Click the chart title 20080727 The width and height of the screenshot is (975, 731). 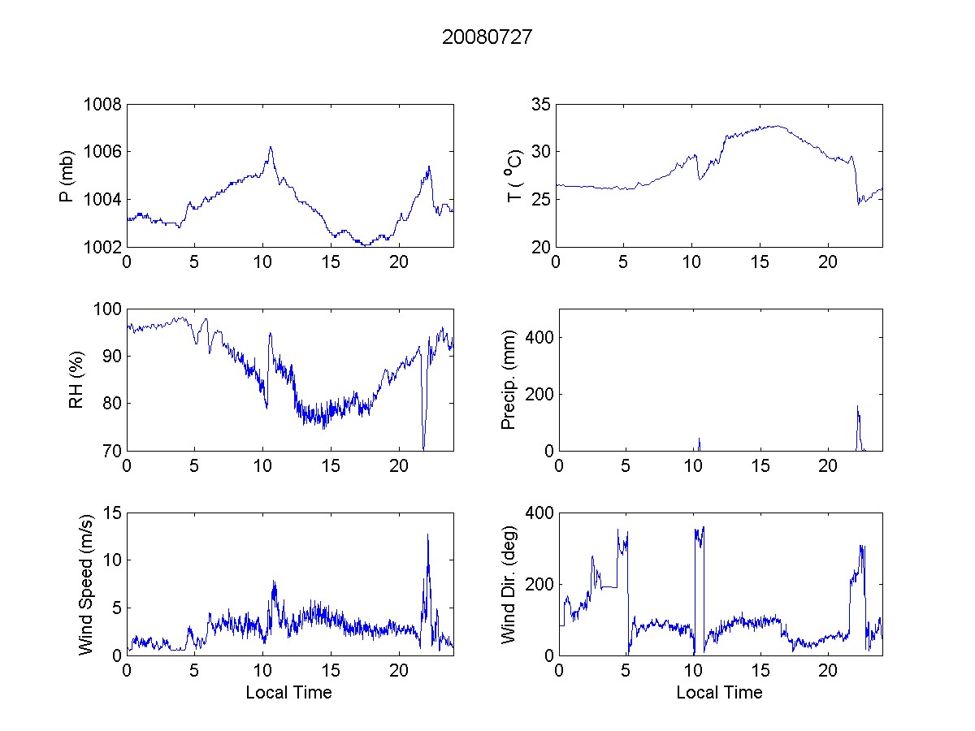point(487,37)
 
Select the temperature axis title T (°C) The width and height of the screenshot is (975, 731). point(511,175)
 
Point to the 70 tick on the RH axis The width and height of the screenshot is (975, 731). point(110,451)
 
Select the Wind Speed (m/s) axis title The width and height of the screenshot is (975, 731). point(86,583)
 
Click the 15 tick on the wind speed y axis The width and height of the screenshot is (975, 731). point(110,513)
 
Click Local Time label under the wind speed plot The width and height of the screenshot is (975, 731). point(288,692)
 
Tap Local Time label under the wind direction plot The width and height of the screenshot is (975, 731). point(719,692)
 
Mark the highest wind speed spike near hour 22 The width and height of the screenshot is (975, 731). point(427,535)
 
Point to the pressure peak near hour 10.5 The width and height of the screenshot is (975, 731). point(271,148)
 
